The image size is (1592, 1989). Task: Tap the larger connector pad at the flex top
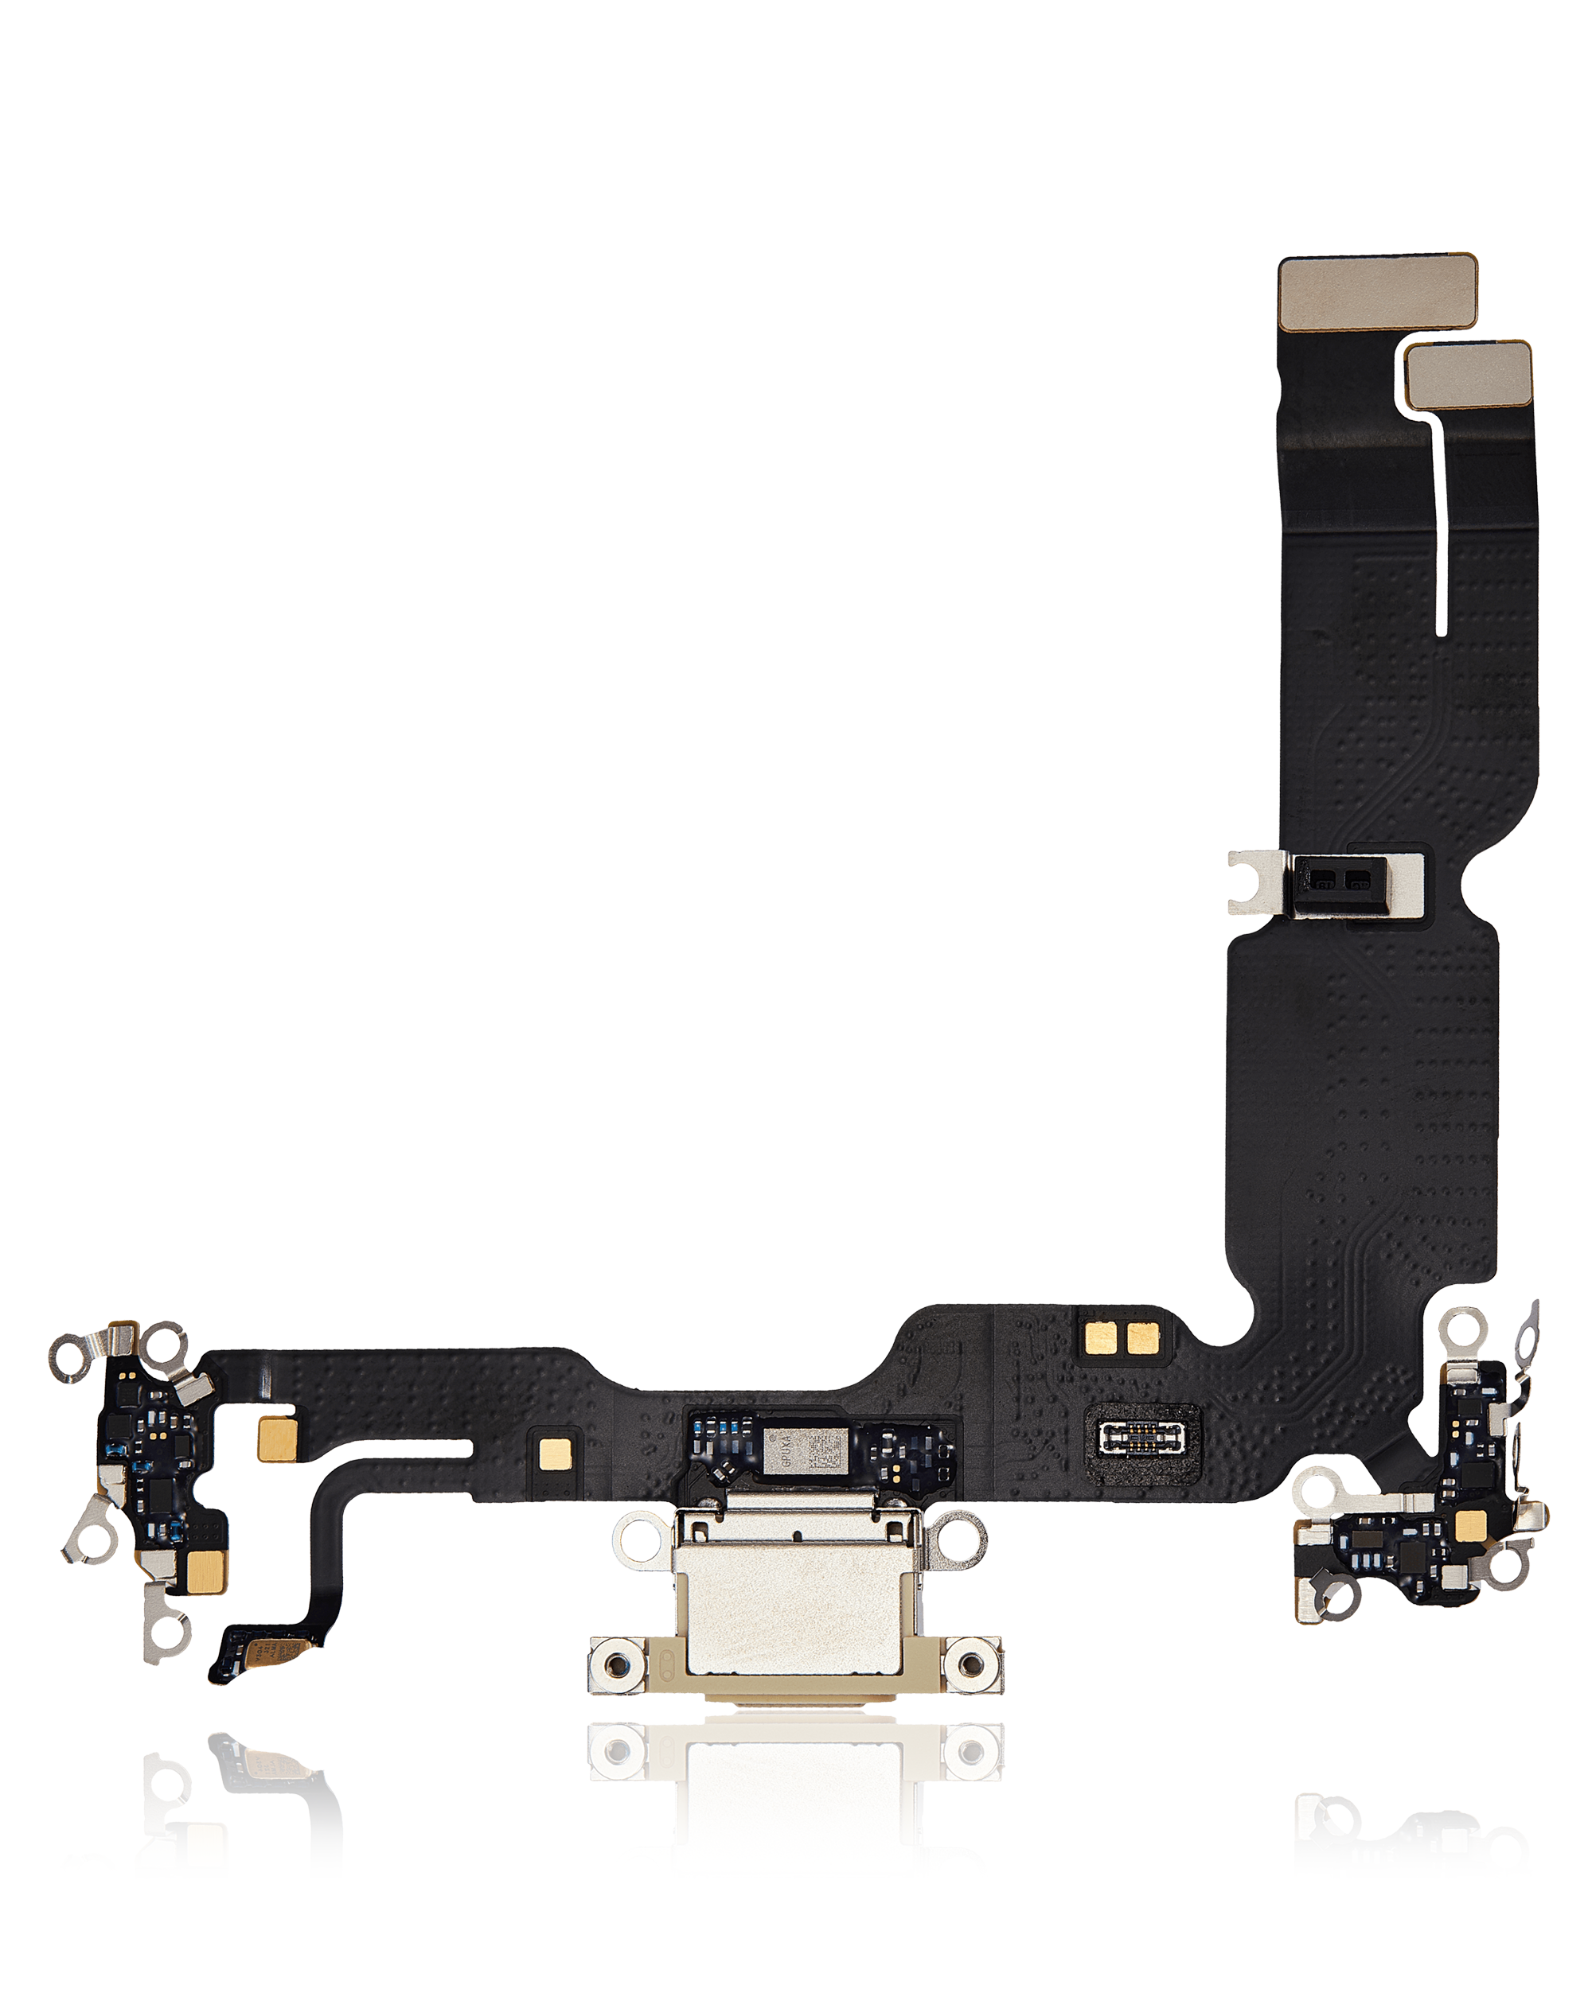(x=1377, y=293)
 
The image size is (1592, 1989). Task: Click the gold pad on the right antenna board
(x=1469, y=1527)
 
